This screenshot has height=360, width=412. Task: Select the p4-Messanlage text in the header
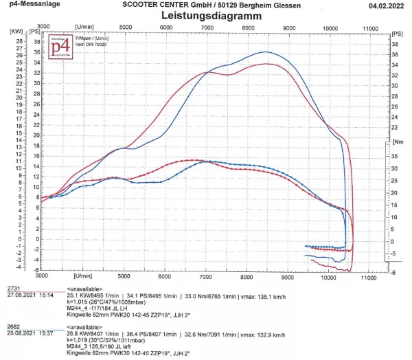pos(27,5)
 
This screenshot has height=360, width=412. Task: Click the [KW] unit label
pos(16,32)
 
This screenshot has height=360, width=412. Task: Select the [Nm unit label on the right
pos(398,142)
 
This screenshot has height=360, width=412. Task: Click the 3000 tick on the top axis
pos(43,25)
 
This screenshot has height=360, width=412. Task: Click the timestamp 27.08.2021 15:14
pos(32,295)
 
